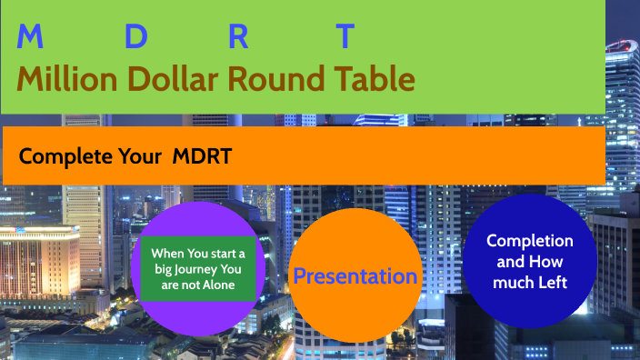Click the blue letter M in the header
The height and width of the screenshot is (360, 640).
point(30,37)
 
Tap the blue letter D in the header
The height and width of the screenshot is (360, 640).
point(135,37)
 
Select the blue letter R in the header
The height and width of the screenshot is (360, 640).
point(238,37)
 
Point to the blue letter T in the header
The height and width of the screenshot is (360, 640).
point(345,37)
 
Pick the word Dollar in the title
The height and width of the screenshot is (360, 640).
point(172,80)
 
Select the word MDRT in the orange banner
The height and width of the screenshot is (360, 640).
point(202,156)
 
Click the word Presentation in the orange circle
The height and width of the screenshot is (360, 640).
point(355,276)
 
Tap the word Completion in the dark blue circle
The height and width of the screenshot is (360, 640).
point(530,241)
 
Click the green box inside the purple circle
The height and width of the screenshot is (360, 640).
point(198,269)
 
